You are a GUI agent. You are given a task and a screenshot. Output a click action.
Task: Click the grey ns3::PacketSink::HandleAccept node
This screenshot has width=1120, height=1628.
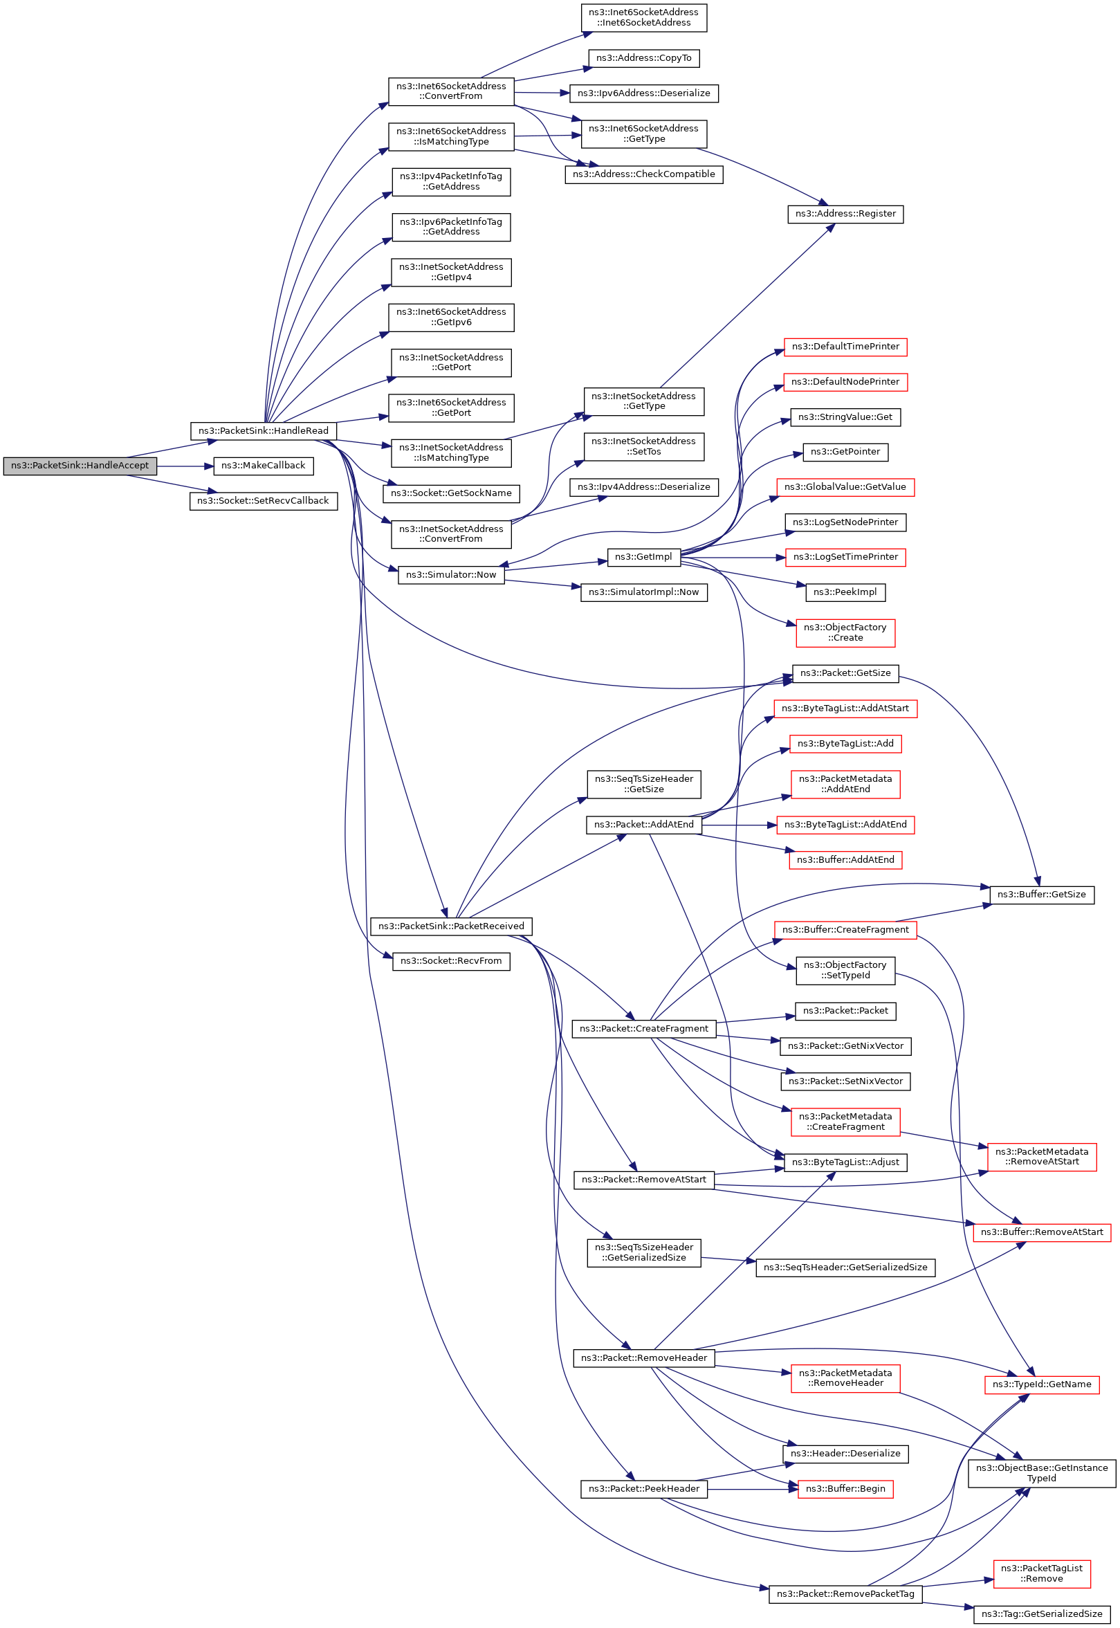pos(80,466)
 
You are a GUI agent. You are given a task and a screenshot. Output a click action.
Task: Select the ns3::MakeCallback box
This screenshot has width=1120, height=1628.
pos(263,466)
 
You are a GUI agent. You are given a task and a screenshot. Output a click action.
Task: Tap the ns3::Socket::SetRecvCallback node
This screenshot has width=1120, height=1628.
pos(263,501)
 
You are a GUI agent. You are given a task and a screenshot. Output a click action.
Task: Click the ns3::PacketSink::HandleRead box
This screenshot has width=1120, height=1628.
pos(263,431)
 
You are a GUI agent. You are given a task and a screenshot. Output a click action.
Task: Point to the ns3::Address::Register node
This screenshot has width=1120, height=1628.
pos(845,214)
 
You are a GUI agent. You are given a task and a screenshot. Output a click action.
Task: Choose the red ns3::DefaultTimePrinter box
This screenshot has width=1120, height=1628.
pos(845,347)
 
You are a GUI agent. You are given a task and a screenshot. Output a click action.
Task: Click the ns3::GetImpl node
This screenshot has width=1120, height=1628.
pos(643,557)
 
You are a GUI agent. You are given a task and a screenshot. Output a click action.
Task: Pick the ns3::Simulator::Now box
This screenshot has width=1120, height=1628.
pos(451,575)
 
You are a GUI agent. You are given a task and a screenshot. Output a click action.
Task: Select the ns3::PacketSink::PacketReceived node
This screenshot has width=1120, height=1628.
pos(451,926)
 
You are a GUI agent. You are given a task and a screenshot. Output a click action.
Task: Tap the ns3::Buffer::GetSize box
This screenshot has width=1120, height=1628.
pos(1041,895)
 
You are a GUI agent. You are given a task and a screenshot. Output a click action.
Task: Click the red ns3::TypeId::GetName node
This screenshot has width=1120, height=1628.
pos(1041,1384)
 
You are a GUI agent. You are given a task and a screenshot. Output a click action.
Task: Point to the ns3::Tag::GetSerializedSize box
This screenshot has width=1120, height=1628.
pos(1041,1614)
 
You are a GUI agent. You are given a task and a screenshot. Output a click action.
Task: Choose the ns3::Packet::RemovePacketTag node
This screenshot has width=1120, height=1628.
pos(845,1593)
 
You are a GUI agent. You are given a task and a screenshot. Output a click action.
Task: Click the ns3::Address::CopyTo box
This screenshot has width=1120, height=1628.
pos(643,58)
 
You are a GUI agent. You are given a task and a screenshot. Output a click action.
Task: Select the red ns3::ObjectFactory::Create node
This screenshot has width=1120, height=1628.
pos(845,633)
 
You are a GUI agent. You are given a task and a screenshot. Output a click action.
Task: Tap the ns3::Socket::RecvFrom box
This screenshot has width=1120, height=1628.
pos(451,961)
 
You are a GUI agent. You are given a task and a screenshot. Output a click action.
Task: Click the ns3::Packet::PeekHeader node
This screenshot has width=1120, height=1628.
pos(643,1489)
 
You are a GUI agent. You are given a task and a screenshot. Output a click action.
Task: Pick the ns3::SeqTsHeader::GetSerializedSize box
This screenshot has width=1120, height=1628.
pos(845,1268)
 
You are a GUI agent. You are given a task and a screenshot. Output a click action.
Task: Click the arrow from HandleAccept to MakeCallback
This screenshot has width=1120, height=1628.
pos(185,466)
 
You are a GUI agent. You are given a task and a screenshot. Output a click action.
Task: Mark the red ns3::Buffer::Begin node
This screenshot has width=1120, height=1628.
pos(845,1489)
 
